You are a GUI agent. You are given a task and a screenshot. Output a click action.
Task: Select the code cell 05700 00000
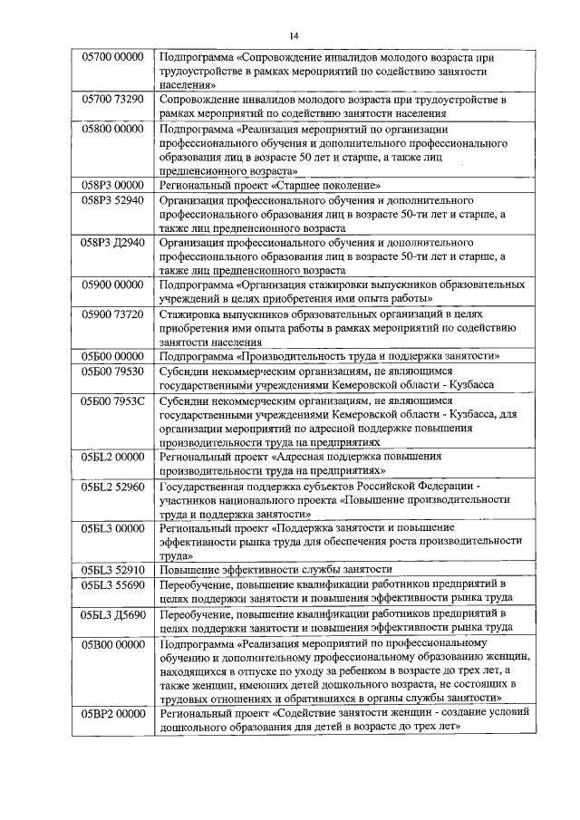pyautogui.click(x=112, y=57)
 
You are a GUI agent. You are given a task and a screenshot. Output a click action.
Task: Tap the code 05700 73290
pyautogui.click(x=112, y=98)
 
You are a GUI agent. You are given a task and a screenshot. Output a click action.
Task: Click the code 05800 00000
pyautogui.click(x=112, y=130)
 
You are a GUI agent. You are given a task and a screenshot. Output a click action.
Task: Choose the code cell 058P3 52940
pyautogui.click(x=112, y=199)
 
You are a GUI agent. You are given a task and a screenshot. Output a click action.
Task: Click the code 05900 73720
pyautogui.click(x=112, y=314)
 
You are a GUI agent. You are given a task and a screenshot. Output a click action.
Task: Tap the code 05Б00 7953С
pyautogui.click(x=112, y=400)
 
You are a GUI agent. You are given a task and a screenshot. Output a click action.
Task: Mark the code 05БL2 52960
pyautogui.click(x=112, y=487)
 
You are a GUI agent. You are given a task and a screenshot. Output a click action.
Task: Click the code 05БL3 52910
pyautogui.click(x=112, y=570)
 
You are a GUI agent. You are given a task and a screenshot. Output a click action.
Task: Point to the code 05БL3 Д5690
pyautogui.click(x=112, y=614)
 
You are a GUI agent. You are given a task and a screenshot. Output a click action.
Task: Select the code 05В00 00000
pyautogui.click(x=112, y=644)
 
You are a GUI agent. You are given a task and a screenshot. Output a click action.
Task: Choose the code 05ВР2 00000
pyautogui.click(x=112, y=715)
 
